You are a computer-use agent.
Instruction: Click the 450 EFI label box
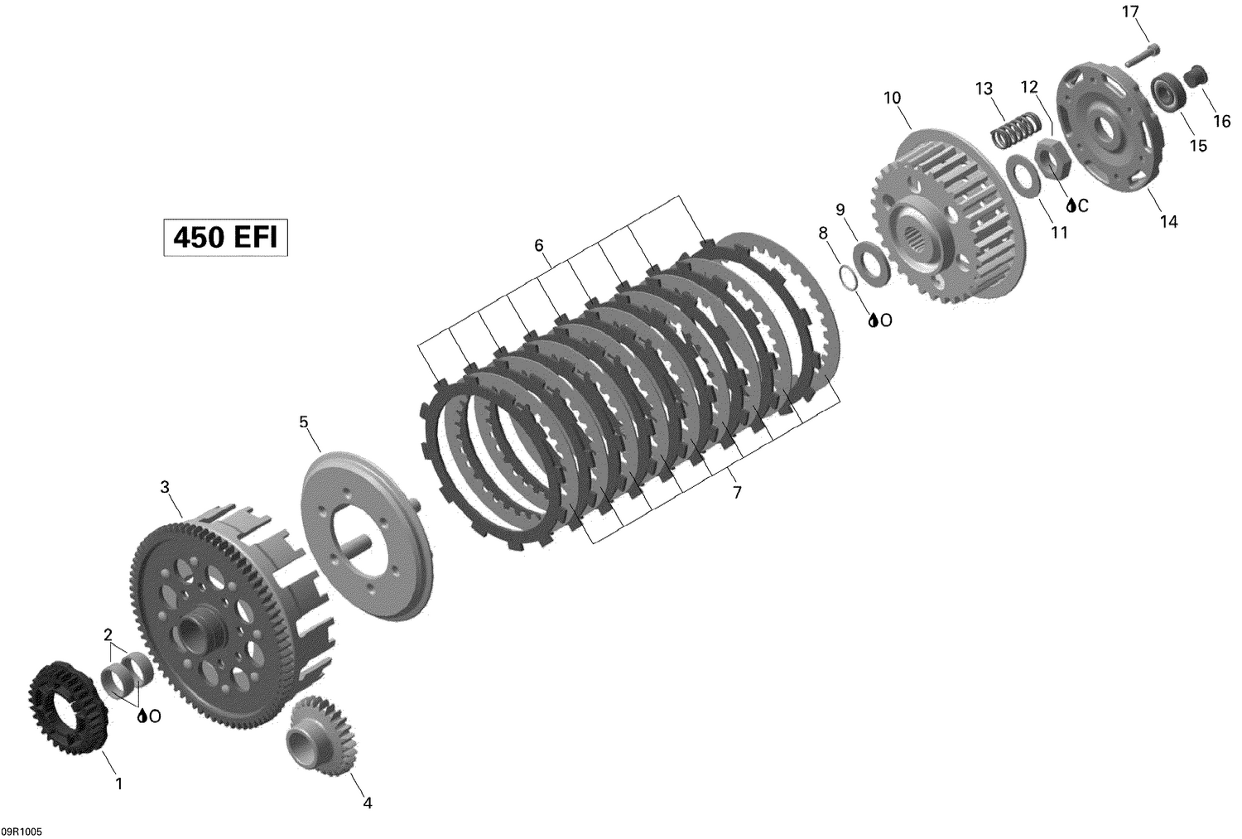[x=225, y=238]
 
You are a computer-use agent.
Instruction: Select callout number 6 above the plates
[x=539, y=245]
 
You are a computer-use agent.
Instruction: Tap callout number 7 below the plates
[x=736, y=493]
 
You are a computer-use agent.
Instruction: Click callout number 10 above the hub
[x=892, y=98]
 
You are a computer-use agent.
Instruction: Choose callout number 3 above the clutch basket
[x=165, y=487]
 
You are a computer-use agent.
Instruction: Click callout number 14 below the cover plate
[x=1168, y=221]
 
